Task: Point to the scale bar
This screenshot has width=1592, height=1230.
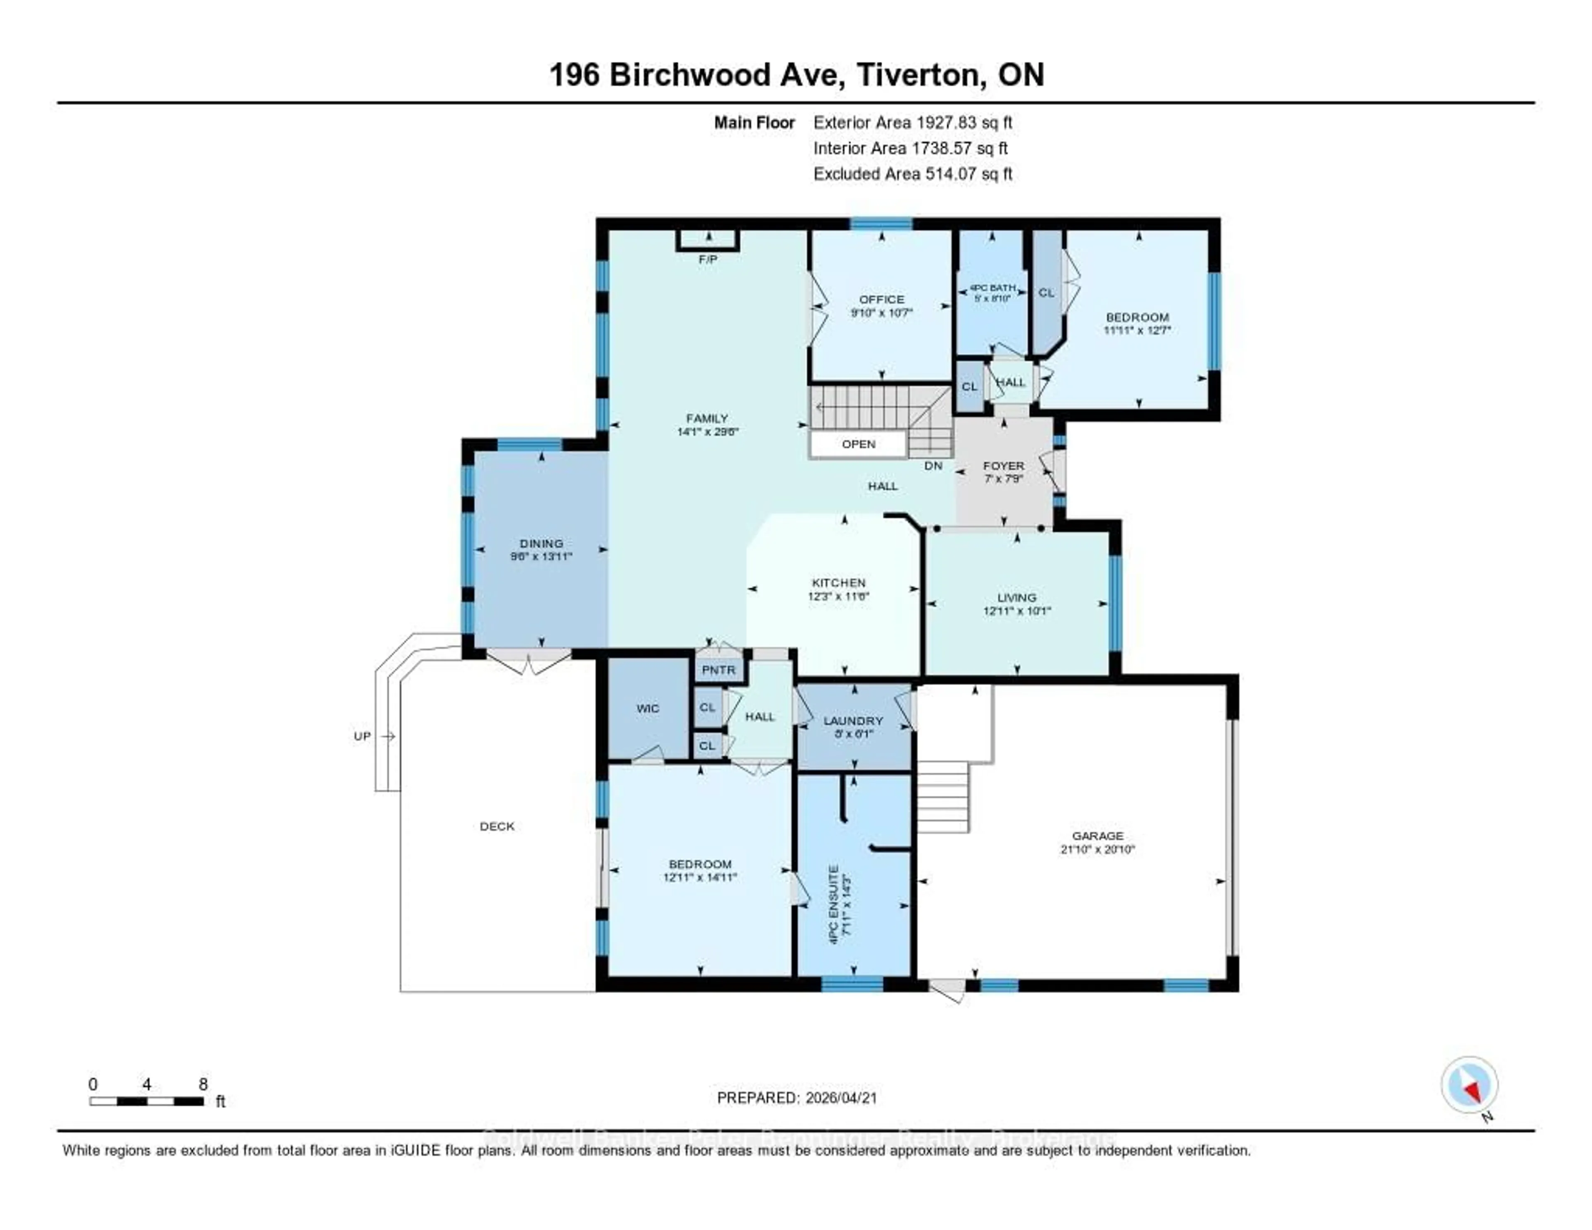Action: pyautogui.click(x=146, y=1101)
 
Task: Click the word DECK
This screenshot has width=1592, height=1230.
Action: pyautogui.click(x=497, y=826)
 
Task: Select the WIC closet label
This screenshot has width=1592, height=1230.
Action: pyautogui.click(x=647, y=708)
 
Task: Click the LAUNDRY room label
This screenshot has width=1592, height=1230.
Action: pyautogui.click(x=853, y=720)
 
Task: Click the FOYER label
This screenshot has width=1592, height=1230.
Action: pyautogui.click(x=1004, y=465)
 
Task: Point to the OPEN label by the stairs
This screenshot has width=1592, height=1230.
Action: pyautogui.click(x=859, y=444)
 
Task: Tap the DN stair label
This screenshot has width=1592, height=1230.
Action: pyautogui.click(x=933, y=465)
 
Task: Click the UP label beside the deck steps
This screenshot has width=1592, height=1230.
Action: pyautogui.click(x=362, y=737)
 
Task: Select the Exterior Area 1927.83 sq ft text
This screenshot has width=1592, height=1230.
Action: pyautogui.click(x=912, y=122)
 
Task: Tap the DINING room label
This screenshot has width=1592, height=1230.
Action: pyautogui.click(x=541, y=543)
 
